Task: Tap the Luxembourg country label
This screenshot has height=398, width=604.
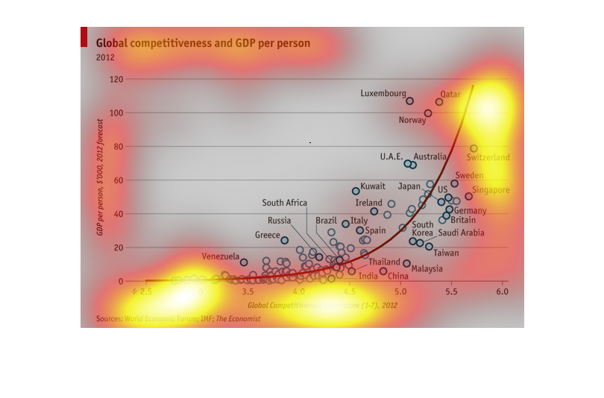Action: (x=383, y=94)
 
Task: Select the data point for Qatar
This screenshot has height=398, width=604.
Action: (x=439, y=102)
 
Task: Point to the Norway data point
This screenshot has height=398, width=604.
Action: (x=428, y=113)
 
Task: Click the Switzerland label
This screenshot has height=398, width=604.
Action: (x=488, y=157)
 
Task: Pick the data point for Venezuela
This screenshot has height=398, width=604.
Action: (x=244, y=262)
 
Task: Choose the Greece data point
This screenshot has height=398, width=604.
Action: (x=284, y=240)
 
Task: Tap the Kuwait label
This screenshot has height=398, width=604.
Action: (x=373, y=186)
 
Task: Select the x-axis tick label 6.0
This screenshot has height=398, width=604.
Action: (x=502, y=291)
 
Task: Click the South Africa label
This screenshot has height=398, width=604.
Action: (x=284, y=203)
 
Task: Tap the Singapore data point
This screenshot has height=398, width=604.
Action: (x=468, y=197)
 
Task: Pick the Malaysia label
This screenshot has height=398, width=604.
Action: (x=427, y=268)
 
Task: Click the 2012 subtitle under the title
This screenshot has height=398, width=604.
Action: (x=105, y=57)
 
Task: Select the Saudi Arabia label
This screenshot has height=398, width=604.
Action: (x=460, y=233)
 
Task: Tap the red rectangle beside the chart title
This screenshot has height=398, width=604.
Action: (x=84, y=37)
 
